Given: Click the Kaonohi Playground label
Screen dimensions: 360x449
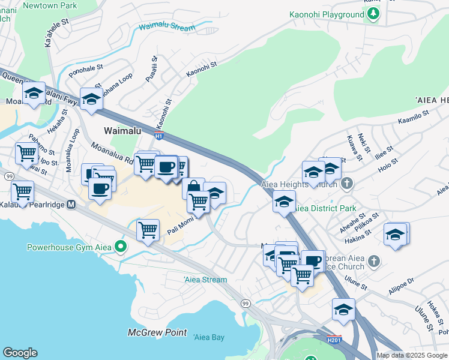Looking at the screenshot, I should point(327,14).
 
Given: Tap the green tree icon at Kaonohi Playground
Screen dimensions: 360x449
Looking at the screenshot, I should point(373,13).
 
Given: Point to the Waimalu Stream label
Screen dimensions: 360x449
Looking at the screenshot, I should point(167,28).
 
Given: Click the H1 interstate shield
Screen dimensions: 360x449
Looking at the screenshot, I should point(158,136).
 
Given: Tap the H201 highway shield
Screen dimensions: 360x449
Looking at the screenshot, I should point(334,339).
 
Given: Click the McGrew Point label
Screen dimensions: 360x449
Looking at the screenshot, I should point(157,332).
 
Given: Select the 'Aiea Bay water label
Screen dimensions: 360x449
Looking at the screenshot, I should point(209,337).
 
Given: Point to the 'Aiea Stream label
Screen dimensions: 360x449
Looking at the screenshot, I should point(205,280).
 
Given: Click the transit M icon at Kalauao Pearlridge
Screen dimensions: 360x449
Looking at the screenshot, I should point(71,205).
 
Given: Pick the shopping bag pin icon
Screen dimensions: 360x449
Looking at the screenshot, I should point(193,187).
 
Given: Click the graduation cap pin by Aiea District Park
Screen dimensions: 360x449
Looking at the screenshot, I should point(284,201).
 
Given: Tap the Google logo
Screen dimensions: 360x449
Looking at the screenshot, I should point(20,353).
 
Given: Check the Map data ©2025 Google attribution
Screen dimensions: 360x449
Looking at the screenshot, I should point(411,355).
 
